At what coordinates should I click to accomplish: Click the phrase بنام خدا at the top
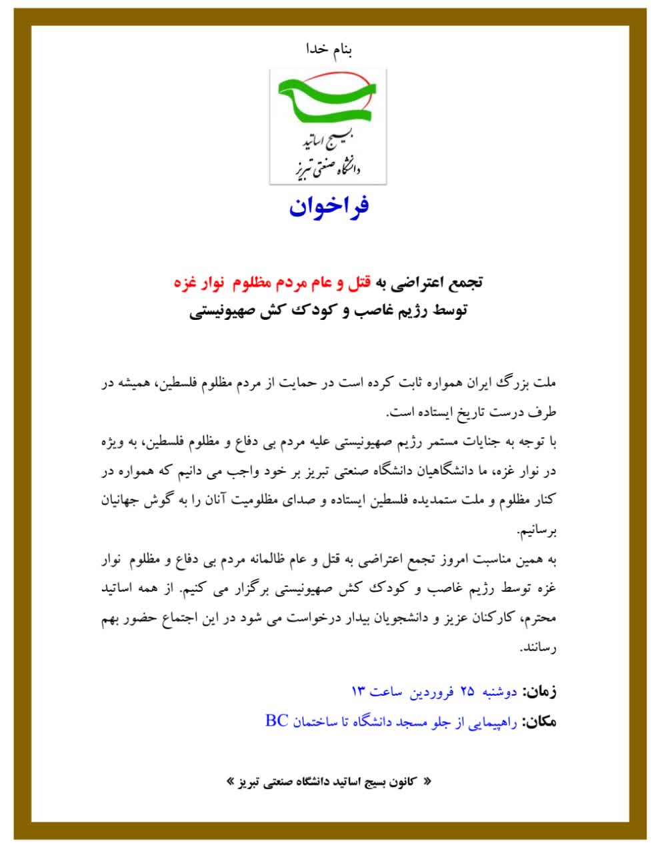point(328,49)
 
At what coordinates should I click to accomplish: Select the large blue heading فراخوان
point(329,207)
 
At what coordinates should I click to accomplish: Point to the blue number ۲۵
point(467,692)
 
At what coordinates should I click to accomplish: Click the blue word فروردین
point(431,692)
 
